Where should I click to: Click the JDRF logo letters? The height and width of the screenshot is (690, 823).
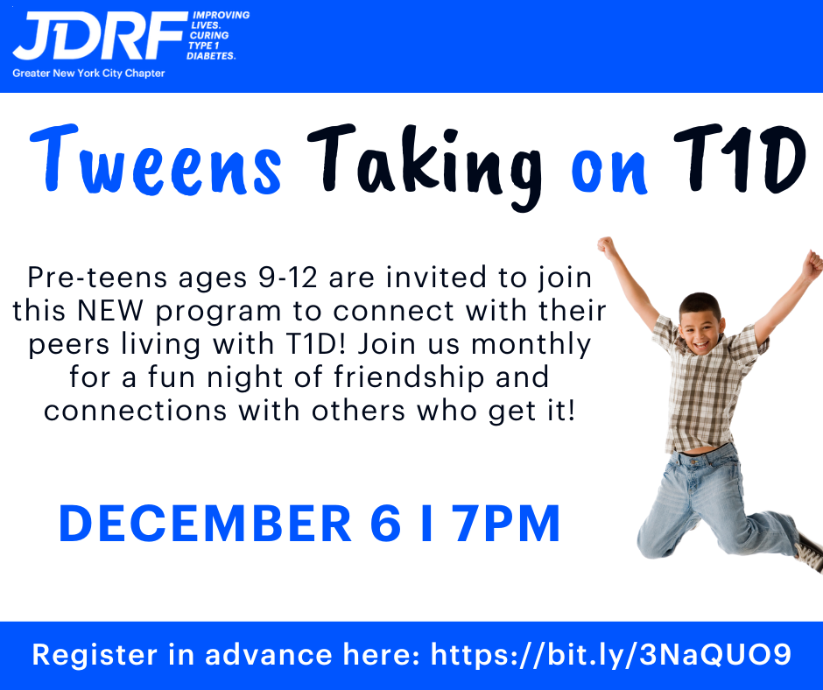pos(100,36)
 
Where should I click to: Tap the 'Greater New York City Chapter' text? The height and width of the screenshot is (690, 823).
pos(88,74)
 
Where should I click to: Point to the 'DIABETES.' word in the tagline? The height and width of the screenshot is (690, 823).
pos(211,56)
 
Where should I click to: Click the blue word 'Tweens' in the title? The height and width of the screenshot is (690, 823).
pos(156,160)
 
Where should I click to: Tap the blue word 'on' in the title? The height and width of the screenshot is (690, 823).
pos(608,171)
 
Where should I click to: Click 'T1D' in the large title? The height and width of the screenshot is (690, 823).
pos(740,159)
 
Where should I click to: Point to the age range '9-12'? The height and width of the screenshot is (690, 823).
pos(288,278)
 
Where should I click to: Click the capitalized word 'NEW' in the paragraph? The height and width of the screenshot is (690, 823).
pos(109,310)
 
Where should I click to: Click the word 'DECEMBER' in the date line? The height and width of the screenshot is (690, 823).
pos(205,524)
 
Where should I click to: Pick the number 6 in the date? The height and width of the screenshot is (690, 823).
pos(386,524)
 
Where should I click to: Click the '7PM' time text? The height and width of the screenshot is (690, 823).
pos(508,524)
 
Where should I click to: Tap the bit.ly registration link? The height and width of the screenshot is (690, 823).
pos(611,655)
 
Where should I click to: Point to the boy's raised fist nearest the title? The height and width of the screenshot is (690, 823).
pos(606,246)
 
